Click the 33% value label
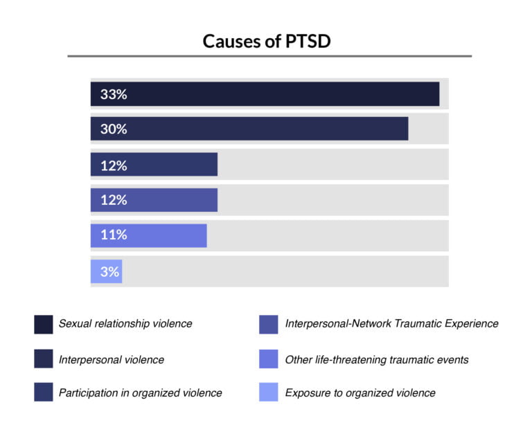[x=113, y=95]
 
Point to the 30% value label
[x=113, y=129]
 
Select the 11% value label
[x=113, y=235]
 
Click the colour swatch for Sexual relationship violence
[x=43, y=324]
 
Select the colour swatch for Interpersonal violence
[x=43, y=359]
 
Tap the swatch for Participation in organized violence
[x=43, y=392]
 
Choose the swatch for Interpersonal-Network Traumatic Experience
[x=269, y=324]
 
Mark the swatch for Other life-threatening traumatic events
[x=269, y=359]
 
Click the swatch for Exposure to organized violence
[x=269, y=392]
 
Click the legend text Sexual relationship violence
[x=125, y=323]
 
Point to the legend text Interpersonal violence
[x=111, y=359]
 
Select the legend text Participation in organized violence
[x=140, y=392]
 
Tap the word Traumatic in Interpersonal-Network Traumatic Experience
[x=422, y=323]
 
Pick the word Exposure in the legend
[x=307, y=392]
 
